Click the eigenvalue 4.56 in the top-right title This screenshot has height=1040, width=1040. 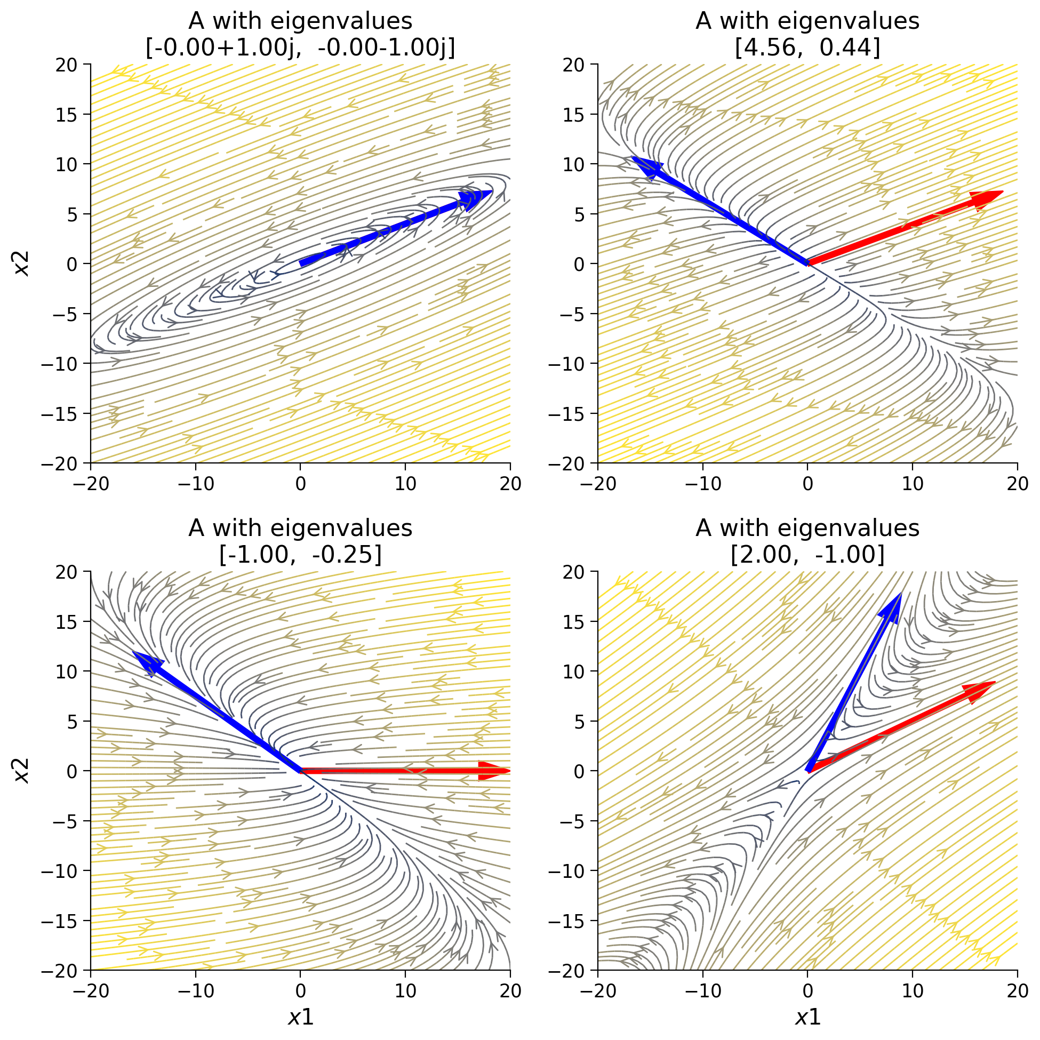[x=765, y=48]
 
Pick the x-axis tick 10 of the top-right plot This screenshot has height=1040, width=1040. [x=913, y=484]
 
